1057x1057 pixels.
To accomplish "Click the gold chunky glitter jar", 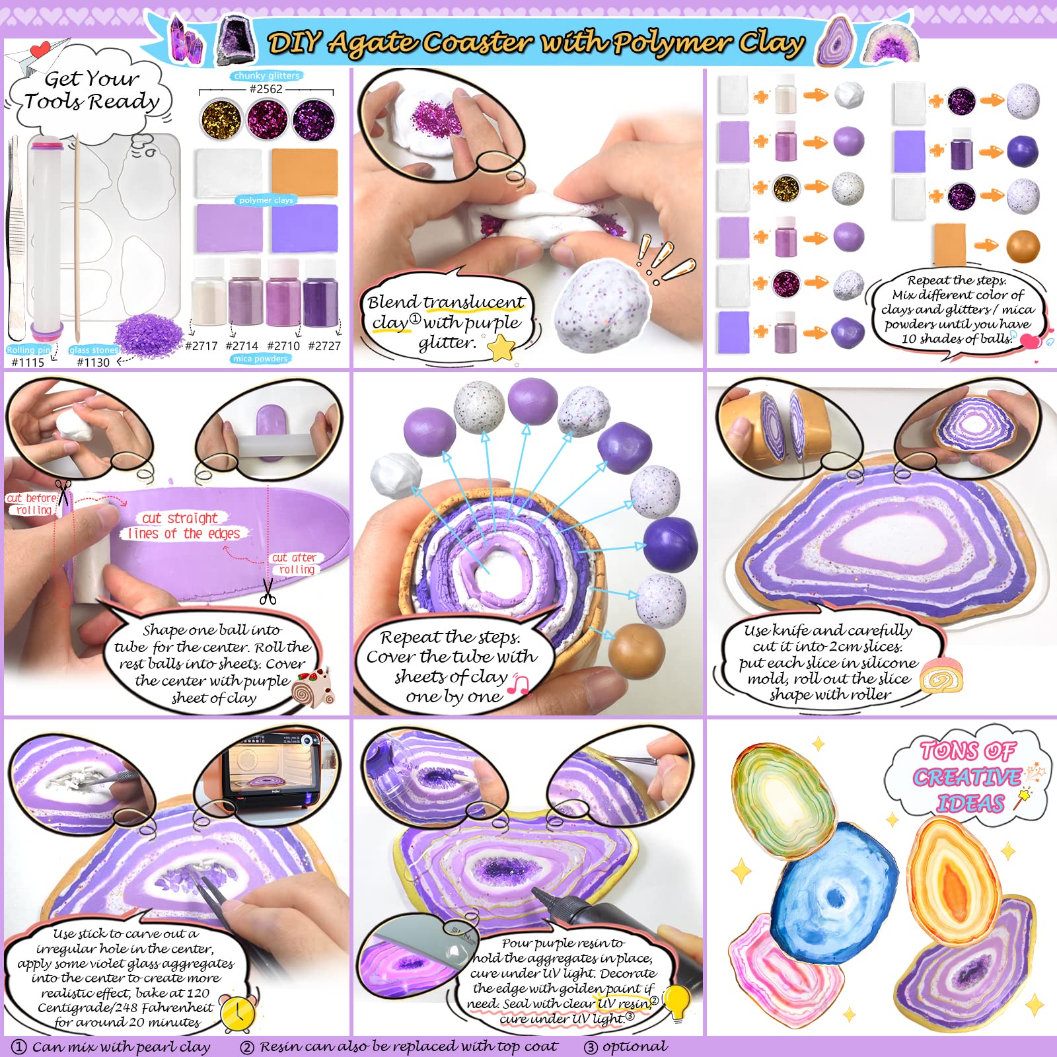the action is point(222,120).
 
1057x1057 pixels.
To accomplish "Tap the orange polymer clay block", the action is point(305,172).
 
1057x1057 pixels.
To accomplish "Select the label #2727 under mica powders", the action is point(324,346).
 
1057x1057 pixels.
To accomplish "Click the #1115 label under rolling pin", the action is point(28,362).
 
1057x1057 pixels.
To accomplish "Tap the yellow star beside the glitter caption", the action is point(501,347).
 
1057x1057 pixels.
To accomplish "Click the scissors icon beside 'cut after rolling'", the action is point(268,591).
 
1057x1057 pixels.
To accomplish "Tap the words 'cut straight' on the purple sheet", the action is point(180,518).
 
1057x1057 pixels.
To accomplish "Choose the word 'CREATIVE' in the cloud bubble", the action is point(967,777).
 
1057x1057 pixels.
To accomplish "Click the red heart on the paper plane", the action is point(40,48).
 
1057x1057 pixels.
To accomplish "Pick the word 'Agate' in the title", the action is point(373,43).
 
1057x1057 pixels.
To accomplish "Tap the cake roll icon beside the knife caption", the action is point(941,675).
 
